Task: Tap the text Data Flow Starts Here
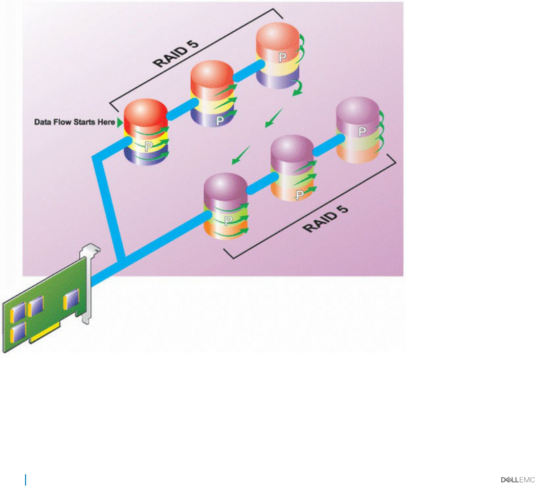75,123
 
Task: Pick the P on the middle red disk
219,121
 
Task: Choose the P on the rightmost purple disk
362,132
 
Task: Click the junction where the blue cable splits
121,260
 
